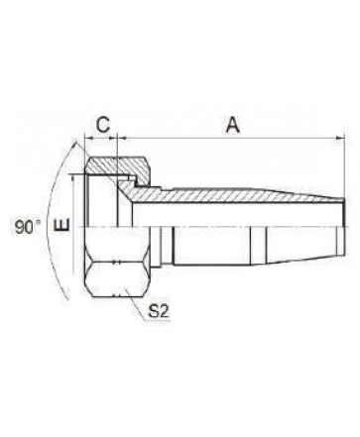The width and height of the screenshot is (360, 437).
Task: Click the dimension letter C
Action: pyautogui.click(x=103, y=125)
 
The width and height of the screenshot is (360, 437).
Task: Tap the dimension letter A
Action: pyautogui.click(x=233, y=125)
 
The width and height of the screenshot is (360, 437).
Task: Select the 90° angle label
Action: pyautogui.click(x=27, y=227)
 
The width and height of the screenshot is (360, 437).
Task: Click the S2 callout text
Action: pyautogui.click(x=159, y=311)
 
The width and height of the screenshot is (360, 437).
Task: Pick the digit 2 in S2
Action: pyautogui.click(x=165, y=311)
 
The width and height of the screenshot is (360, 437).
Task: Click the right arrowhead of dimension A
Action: pyautogui.click(x=340, y=138)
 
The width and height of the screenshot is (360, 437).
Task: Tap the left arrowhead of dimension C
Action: pyautogui.click(x=88, y=138)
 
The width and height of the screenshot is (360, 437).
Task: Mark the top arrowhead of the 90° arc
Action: pyautogui.click(x=75, y=145)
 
